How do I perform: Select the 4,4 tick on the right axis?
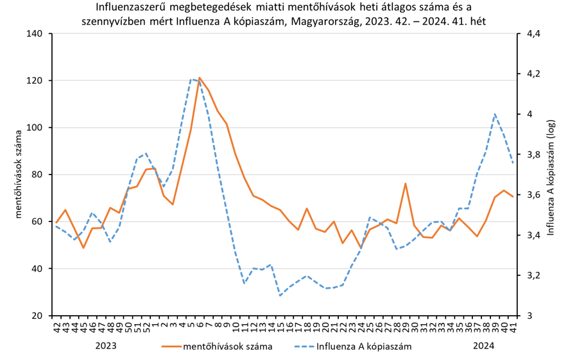535,33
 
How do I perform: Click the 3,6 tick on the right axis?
535,194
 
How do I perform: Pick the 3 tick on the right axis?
529,316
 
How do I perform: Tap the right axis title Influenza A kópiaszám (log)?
550,175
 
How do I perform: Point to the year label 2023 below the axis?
106,345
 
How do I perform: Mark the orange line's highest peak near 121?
200,78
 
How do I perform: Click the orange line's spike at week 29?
406,184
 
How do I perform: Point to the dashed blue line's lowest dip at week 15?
280,295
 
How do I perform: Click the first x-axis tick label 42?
56,325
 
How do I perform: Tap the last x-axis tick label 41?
513,325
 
